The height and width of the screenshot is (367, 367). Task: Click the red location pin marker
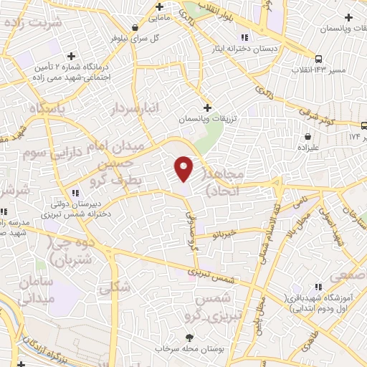(183, 168)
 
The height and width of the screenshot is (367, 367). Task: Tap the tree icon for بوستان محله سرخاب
(189, 337)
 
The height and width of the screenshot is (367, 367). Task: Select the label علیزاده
(308, 146)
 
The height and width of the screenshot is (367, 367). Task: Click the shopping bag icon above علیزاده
(308, 135)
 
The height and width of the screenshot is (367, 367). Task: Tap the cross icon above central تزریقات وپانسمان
(207, 107)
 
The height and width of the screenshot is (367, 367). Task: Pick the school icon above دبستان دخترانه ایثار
(245, 37)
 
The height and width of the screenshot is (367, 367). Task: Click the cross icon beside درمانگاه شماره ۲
(70, 55)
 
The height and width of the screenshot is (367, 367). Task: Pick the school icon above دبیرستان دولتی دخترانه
(75, 191)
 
